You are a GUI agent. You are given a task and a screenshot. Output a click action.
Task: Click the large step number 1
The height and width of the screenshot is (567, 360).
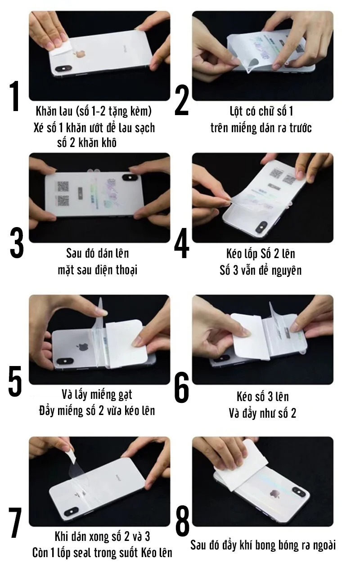(15, 97)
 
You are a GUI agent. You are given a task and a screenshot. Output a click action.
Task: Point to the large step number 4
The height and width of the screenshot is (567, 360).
(182, 245)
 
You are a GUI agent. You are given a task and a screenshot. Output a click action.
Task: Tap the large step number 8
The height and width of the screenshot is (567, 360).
(182, 522)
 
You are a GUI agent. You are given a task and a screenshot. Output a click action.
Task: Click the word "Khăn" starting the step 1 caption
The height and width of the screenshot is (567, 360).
(45, 111)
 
